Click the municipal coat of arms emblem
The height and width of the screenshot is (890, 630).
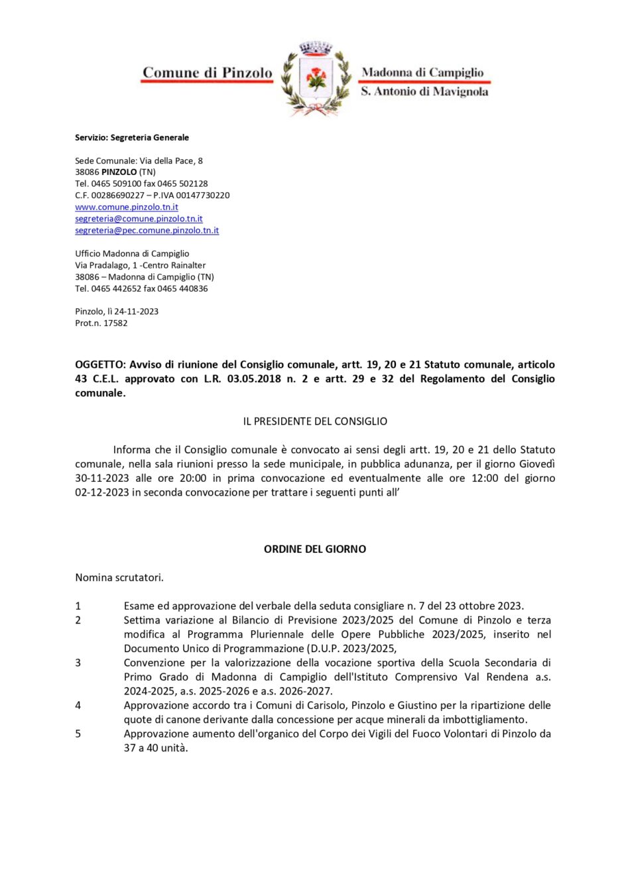click(316, 79)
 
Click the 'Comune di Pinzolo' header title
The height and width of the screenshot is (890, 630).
click(207, 73)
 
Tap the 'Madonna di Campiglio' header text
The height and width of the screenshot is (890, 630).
click(422, 72)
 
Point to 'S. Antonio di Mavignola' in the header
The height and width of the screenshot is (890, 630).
click(424, 91)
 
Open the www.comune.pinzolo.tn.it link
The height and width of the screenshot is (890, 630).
click(127, 207)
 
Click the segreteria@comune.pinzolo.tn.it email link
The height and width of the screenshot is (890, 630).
click(139, 219)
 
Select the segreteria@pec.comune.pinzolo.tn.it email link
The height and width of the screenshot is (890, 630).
click(147, 230)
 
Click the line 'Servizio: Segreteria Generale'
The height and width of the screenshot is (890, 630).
click(132, 137)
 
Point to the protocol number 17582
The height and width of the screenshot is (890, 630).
click(115, 323)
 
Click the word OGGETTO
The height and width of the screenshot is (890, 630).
click(99, 364)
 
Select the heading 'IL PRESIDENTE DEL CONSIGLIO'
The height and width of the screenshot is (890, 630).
click(315, 421)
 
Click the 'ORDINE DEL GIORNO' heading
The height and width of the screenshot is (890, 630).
click(315, 549)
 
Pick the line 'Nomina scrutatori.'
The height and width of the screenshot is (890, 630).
click(119, 578)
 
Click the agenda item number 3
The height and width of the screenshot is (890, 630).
click(78, 663)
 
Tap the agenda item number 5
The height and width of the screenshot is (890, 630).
click(78, 734)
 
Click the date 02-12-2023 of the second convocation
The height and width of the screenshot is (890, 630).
click(101, 492)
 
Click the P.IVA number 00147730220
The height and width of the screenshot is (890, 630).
click(202, 195)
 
